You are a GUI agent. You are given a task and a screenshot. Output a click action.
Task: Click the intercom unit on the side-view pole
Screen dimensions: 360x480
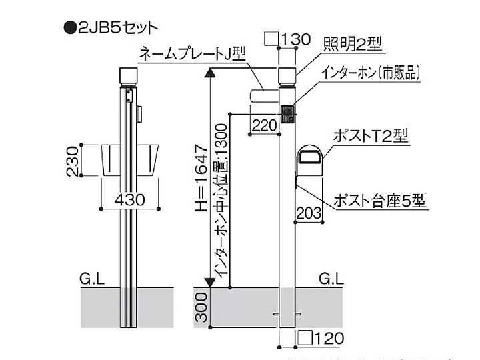(287, 114)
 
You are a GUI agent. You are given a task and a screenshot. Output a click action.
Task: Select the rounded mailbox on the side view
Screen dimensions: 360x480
(311, 161)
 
